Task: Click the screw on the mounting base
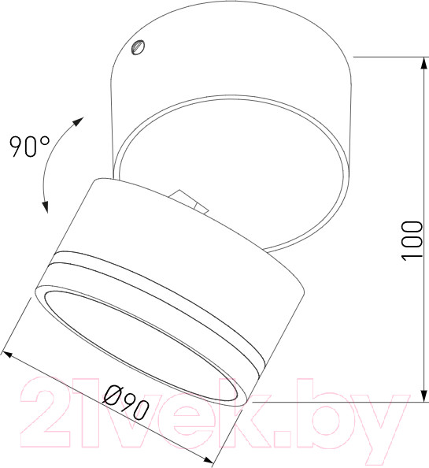coord(139,47)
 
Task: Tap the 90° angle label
coord(29,147)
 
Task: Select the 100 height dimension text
coord(412,241)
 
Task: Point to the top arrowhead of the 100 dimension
coord(423,63)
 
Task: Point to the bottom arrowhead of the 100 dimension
coord(423,396)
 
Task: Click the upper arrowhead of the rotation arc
coord(78,121)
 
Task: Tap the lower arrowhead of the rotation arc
coord(45,207)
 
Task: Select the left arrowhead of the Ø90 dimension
coord(7,355)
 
